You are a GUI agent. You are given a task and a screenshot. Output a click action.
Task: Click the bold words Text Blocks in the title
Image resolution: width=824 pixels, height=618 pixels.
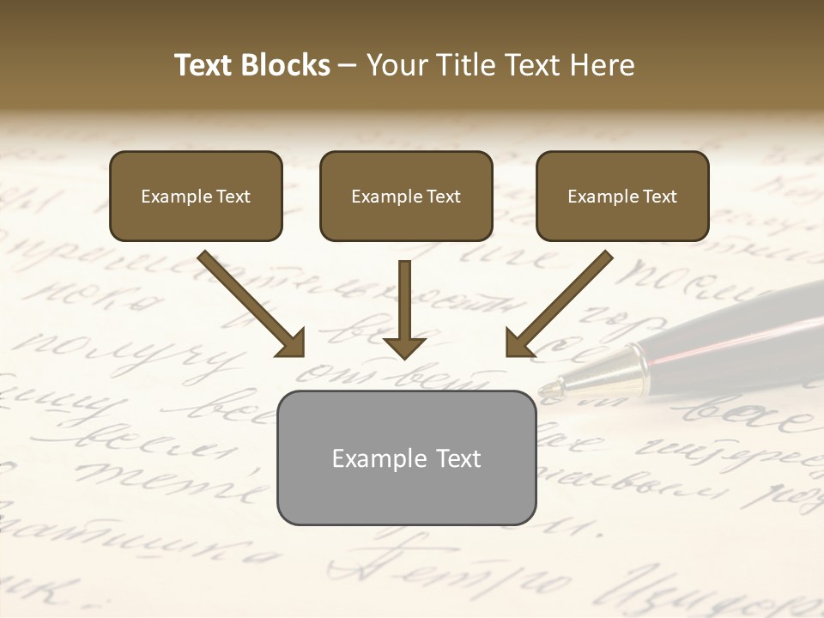251,65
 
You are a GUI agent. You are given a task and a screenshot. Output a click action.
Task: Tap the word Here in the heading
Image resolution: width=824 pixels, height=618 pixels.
605,65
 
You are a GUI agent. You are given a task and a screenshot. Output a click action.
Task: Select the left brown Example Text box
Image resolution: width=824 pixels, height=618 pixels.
196,196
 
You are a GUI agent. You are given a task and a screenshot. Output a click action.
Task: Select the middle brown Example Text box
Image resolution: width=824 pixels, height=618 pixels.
406,196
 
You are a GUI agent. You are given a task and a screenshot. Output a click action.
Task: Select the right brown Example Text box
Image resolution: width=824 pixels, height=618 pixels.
622,196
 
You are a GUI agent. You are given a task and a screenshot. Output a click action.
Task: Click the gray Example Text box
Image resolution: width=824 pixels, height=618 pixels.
406,457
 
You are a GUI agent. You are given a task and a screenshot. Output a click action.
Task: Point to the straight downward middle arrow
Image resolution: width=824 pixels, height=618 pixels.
404,305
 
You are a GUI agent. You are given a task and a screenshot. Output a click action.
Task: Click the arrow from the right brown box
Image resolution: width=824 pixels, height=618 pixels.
562,300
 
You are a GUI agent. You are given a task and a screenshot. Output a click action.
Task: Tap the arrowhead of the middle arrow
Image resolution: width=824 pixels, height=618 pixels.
404,346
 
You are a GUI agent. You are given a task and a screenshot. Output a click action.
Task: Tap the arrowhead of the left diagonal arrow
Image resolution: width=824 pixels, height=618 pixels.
292,343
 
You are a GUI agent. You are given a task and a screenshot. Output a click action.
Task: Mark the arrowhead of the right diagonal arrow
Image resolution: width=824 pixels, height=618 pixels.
518,343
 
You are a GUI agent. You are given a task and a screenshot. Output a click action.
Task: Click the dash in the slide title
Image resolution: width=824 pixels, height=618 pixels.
348,65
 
